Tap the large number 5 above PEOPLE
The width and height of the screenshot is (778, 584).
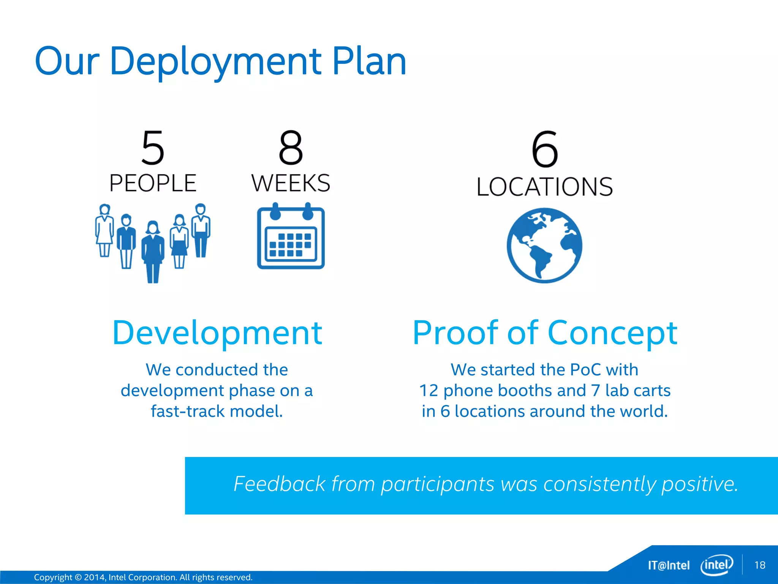(x=153, y=148)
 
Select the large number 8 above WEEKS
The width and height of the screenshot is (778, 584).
(x=291, y=148)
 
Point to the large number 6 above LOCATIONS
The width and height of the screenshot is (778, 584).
(x=545, y=149)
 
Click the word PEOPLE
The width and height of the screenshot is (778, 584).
(x=153, y=183)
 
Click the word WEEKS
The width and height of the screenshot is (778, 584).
(x=291, y=183)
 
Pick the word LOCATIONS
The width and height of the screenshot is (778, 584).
(x=545, y=187)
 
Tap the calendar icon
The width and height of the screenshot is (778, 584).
(x=291, y=237)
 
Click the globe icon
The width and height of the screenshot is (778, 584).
(x=544, y=245)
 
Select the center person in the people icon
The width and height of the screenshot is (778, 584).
(x=153, y=251)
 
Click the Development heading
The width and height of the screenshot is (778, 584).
(x=217, y=333)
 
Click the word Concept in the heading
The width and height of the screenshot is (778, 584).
(x=612, y=333)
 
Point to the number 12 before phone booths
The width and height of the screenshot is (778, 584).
(x=429, y=391)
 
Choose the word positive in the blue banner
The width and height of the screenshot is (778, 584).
(x=699, y=484)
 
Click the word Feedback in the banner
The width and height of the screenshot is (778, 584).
(x=280, y=484)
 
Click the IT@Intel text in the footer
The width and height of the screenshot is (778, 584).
(x=669, y=565)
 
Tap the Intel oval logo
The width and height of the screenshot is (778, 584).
(x=716, y=565)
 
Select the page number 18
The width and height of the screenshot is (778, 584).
(x=760, y=565)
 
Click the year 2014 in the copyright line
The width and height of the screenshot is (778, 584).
(x=94, y=578)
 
